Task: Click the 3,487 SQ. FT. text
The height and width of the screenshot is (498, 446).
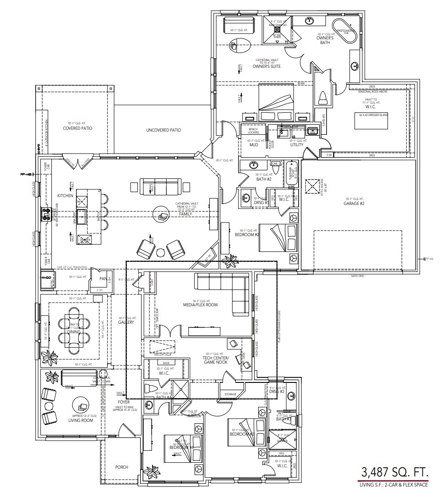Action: [x=395, y=472]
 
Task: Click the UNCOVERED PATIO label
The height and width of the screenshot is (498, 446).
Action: [x=163, y=130]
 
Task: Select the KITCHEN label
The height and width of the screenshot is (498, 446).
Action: [x=65, y=196]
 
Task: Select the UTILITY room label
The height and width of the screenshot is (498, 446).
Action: [x=297, y=145]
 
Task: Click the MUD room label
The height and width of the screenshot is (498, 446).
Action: [x=254, y=145]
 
